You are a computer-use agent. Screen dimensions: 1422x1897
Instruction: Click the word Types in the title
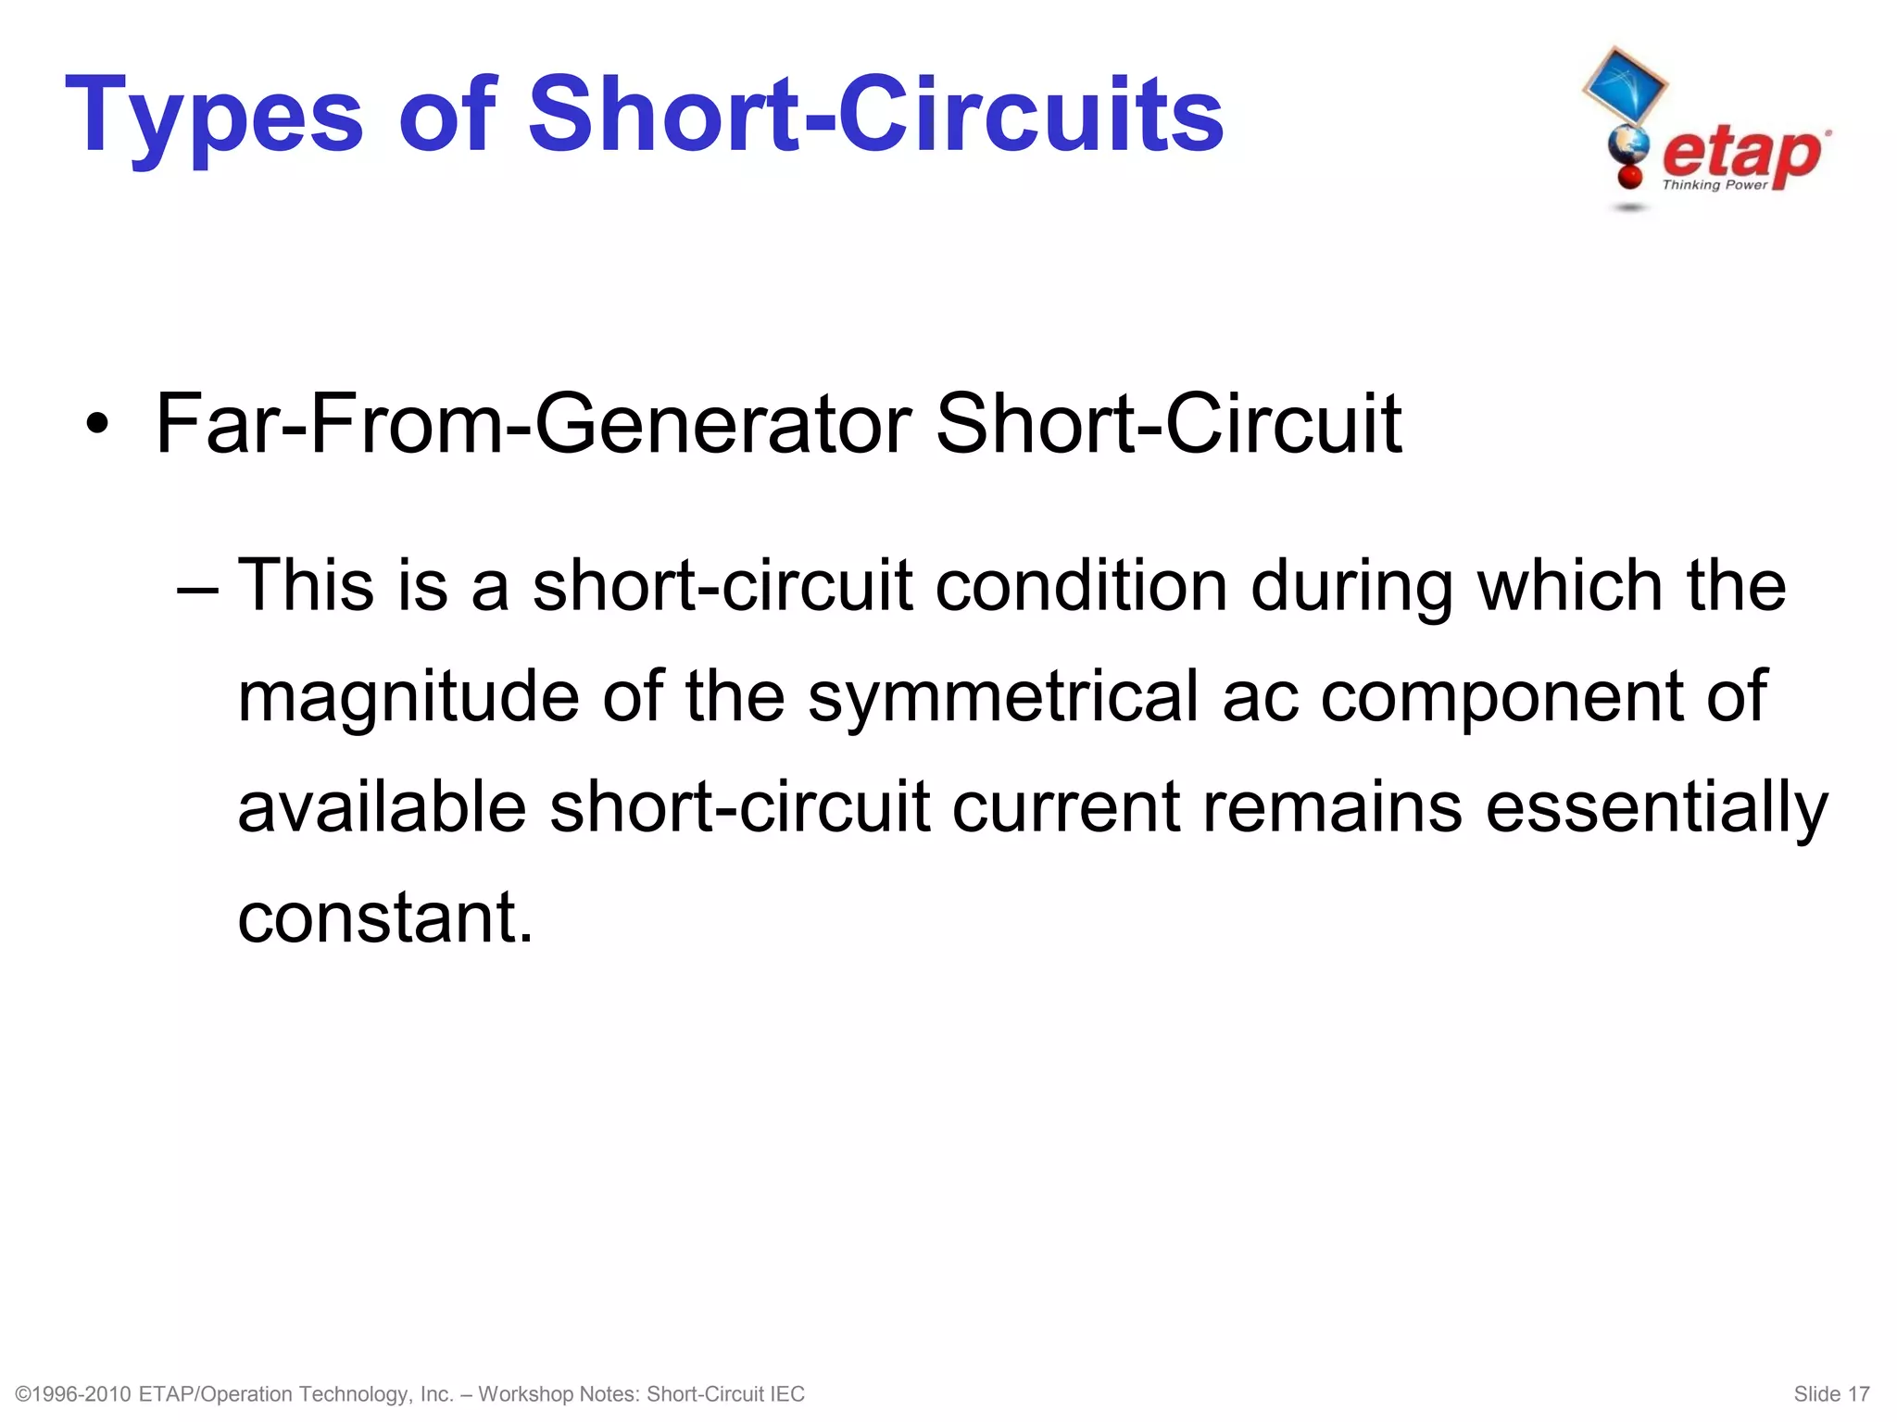[214, 118]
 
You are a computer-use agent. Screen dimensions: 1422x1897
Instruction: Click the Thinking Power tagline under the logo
[1715, 185]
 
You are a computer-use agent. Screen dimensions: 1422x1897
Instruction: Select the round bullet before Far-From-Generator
[96, 426]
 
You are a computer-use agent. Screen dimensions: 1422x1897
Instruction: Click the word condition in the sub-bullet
[1081, 586]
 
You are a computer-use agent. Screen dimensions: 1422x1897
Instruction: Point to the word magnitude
[408, 697]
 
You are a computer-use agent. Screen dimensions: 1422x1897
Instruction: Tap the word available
[382, 806]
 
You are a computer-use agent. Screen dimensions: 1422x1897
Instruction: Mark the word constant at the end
[385, 917]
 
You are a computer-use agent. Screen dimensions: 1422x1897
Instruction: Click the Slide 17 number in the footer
[1831, 1394]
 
